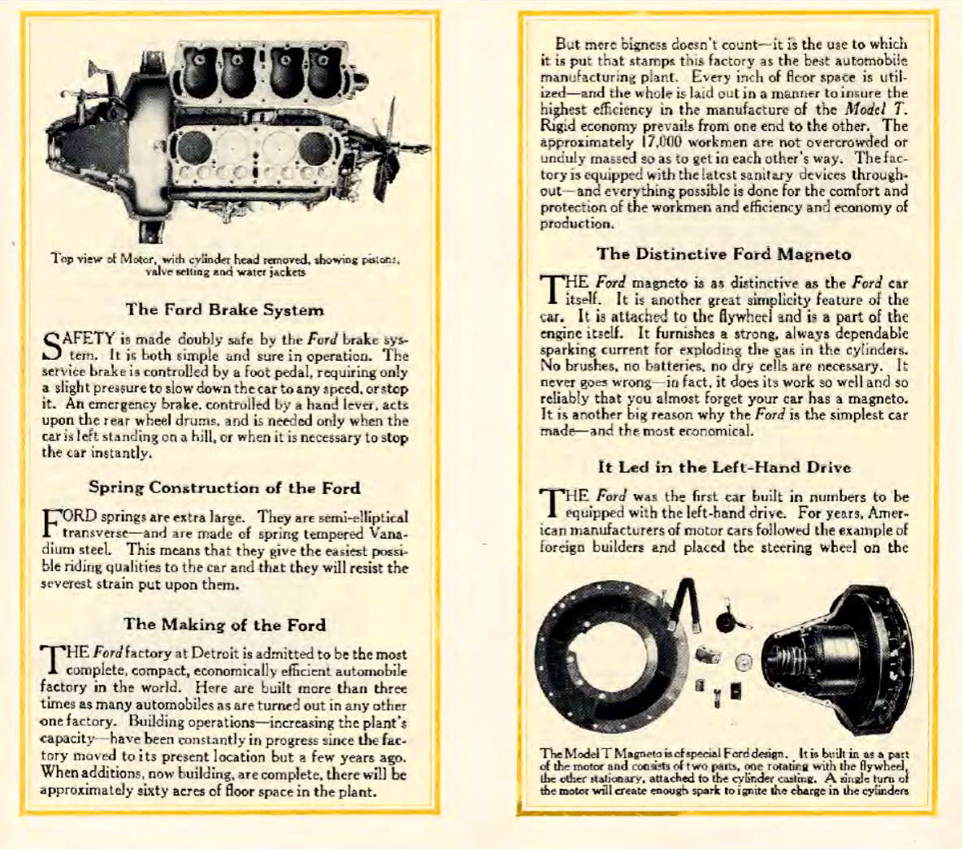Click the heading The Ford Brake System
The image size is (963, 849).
224,310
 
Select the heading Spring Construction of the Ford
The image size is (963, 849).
224,487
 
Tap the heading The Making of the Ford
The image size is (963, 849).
224,625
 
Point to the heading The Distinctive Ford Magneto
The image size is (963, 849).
723,254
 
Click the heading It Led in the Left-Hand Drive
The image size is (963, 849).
723,467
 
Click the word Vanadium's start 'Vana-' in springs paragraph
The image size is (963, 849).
388,534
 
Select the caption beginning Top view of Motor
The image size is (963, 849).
224,265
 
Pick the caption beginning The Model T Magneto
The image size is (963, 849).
723,772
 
